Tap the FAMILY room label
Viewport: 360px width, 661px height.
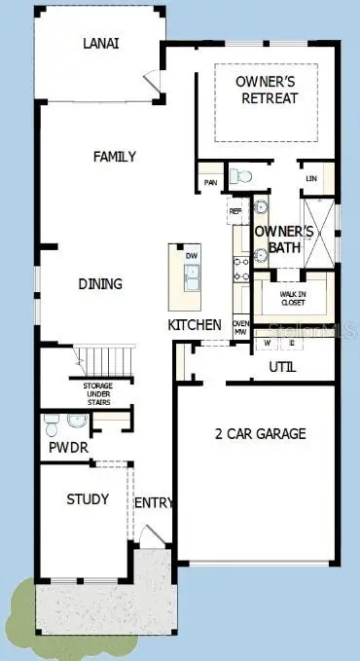(114, 157)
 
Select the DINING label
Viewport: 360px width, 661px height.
(101, 284)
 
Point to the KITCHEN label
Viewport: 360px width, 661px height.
(195, 324)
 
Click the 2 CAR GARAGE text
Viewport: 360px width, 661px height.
(260, 433)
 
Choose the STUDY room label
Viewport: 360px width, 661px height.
(88, 499)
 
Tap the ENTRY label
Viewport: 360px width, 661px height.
(154, 502)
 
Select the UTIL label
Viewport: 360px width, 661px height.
(282, 367)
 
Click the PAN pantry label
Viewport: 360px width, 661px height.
(209, 182)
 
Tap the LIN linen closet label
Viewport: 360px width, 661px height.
(311, 179)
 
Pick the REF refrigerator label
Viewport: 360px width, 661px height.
(235, 210)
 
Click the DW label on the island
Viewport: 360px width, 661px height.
(191, 256)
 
